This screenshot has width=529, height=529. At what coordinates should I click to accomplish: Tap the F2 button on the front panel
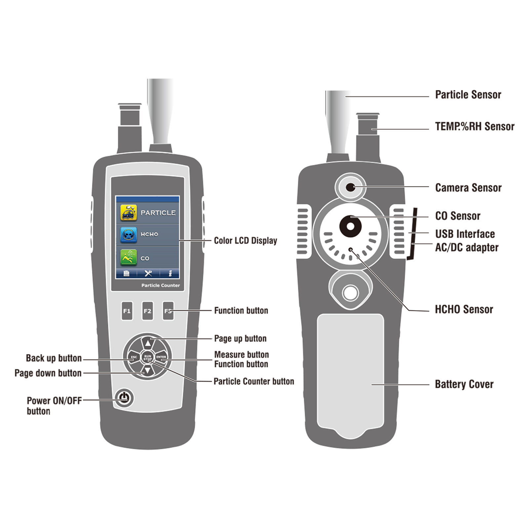click(x=147, y=311)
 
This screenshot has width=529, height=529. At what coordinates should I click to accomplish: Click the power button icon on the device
click(x=124, y=398)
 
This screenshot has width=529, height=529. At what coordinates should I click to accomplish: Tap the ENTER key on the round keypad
click(x=161, y=357)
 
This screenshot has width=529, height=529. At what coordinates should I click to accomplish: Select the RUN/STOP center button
click(x=147, y=357)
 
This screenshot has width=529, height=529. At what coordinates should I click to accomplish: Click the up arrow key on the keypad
click(x=148, y=344)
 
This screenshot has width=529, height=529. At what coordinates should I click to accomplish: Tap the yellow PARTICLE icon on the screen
click(x=129, y=213)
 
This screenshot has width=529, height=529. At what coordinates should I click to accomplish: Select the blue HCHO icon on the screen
click(x=129, y=234)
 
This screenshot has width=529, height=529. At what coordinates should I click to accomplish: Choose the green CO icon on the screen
click(x=129, y=258)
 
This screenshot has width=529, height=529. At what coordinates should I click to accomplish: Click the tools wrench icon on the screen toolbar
click(x=148, y=273)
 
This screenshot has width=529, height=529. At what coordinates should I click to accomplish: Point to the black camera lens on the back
click(x=350, y=187)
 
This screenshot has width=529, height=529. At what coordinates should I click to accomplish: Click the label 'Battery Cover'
click(x=464, y=384)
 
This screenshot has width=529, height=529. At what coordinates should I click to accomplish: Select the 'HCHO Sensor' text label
click(x=464, y=309)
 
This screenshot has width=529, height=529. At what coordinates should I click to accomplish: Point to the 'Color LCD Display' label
click(x=245, y=240)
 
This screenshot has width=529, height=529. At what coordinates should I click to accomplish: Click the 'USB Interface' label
click(x=465, y=234)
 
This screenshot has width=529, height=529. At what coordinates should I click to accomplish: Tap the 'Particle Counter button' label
click(x=254, y=381)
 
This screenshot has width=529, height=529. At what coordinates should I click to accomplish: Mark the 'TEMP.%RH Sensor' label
click(x=474, y=126)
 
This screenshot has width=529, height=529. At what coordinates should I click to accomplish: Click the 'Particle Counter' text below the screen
click(x=161, y=285)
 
